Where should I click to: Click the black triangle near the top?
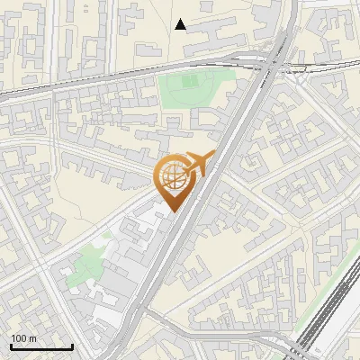[181, 24]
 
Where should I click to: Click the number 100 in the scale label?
[18, 338]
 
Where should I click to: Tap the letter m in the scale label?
[32, 338]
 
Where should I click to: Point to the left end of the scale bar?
[12, 347]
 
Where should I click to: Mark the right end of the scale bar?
[72, 347]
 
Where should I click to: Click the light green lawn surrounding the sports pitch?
[175, 94]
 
